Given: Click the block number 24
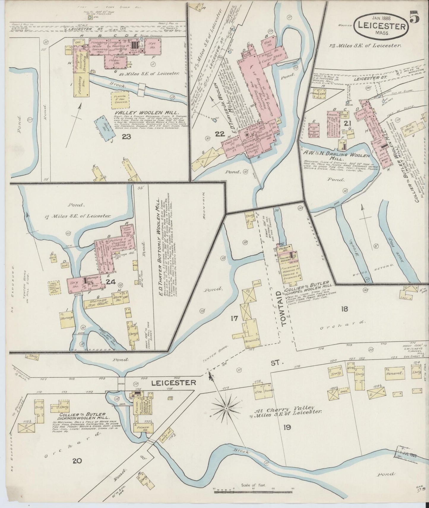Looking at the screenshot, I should coord(110,282).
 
